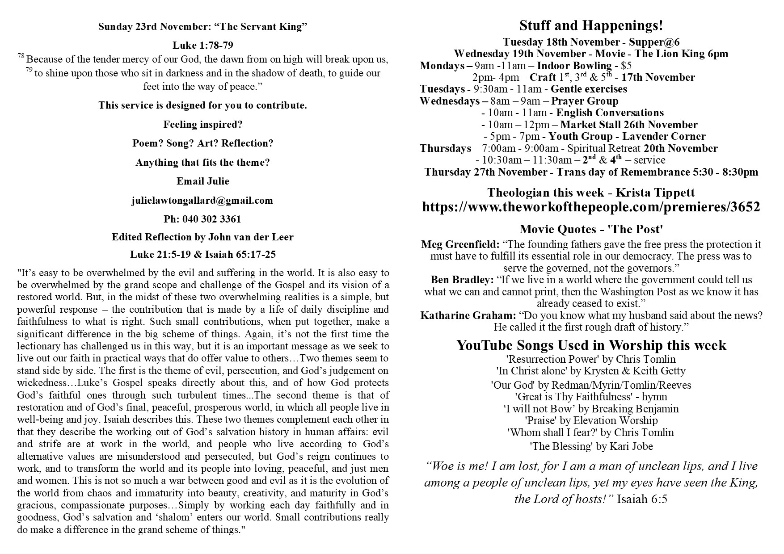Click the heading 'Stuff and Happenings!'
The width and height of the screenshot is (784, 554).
tap(591, 26)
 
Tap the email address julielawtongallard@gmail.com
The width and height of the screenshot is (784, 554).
tap(202, 201)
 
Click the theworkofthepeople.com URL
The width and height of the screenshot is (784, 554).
tap(591, 207)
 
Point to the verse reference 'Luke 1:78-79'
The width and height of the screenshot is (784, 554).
tap(202, 46)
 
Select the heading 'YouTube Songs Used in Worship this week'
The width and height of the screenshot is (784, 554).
tap(591, 345)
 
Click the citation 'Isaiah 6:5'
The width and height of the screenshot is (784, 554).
tap(642, 499)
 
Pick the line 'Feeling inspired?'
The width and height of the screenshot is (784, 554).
tap(202, 125)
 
